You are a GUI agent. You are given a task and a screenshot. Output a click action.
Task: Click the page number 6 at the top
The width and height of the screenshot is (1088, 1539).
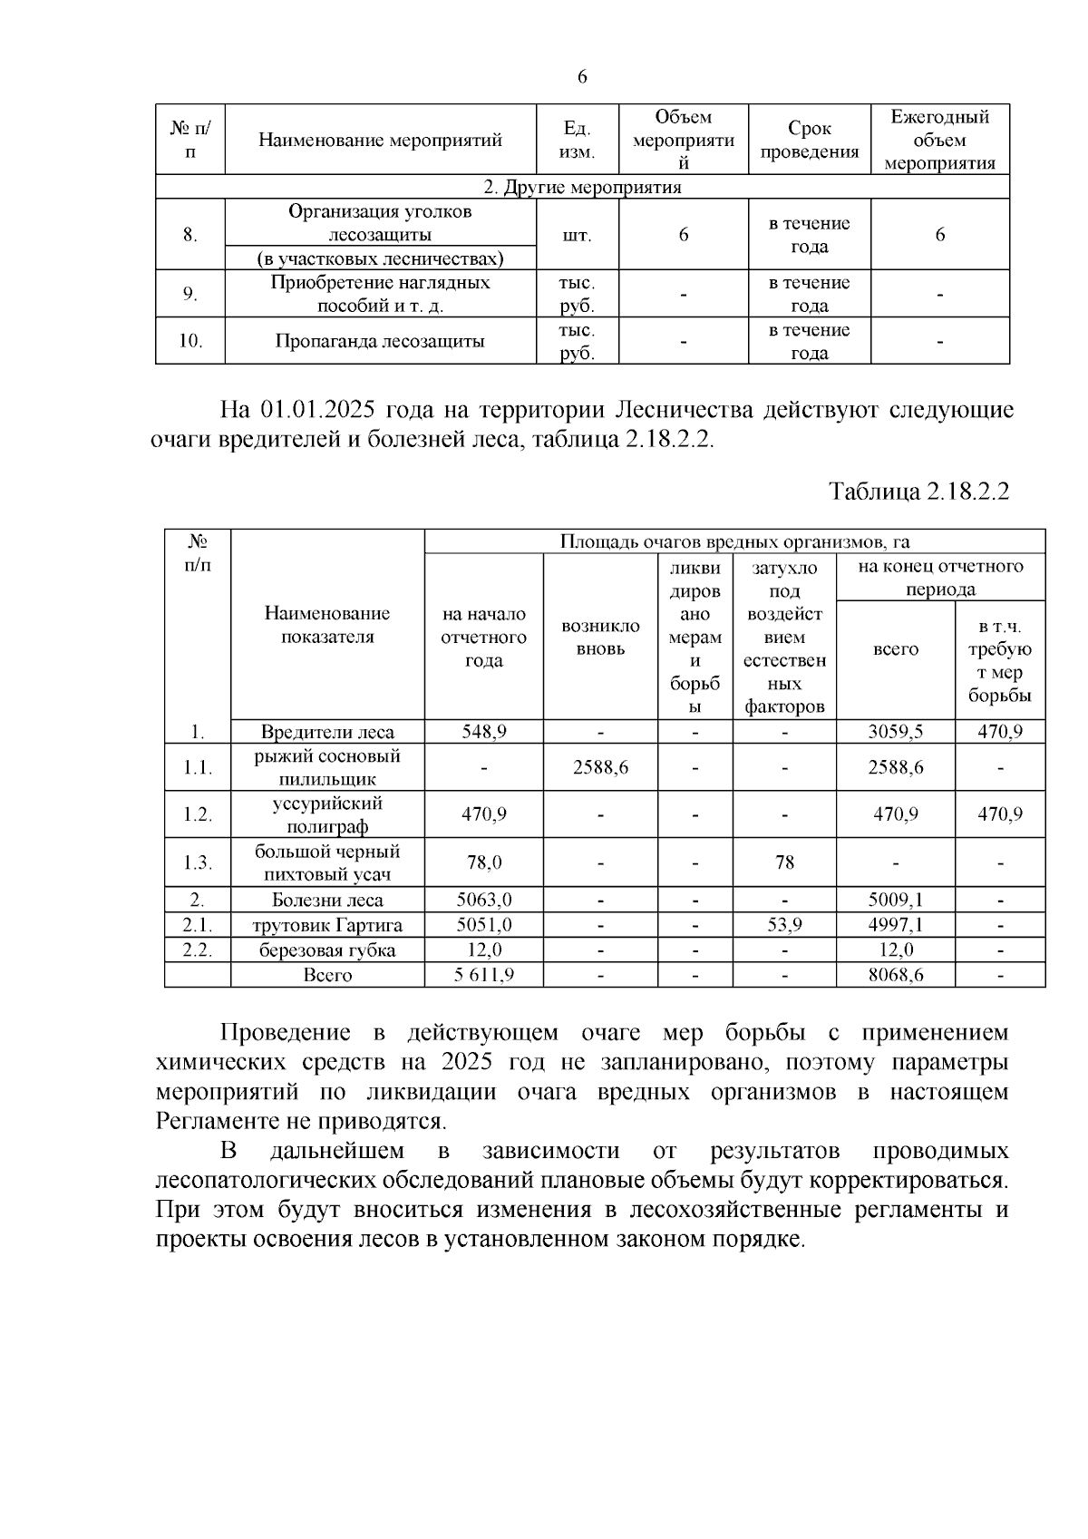(582, 77)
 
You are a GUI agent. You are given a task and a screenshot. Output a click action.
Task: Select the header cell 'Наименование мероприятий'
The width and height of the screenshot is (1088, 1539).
(380, 141)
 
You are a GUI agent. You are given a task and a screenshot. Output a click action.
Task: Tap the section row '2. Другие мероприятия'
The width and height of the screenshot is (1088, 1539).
(582, 188)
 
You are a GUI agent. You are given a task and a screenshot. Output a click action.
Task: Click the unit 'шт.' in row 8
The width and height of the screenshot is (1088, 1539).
(578, 235)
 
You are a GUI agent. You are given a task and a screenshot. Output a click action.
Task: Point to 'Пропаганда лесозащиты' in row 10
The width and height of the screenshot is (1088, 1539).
(380, 342)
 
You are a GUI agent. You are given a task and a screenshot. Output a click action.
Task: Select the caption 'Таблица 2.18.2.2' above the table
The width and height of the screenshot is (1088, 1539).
(918, 492)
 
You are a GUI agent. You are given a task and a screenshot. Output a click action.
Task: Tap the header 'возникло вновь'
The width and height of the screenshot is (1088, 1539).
(600, 638)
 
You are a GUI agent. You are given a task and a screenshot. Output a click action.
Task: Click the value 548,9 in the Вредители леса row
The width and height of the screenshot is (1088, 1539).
(483, 732)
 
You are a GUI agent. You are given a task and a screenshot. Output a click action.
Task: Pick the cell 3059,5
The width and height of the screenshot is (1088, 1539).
(895, 732)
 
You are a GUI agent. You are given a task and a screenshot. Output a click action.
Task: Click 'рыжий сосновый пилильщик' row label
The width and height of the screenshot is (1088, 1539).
(327, 767)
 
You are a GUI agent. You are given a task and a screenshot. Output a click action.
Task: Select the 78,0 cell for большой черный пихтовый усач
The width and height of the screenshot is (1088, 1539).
(483, 862)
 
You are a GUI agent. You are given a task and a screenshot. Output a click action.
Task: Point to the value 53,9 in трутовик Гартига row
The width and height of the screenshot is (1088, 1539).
(784, 925)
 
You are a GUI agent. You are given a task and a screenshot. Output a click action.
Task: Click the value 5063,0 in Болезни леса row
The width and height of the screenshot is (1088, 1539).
(483, 901)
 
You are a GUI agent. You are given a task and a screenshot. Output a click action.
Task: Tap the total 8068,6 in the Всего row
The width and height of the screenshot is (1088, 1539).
(895, 975)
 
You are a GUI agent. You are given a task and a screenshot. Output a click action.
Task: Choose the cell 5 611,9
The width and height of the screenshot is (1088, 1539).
(483, 975)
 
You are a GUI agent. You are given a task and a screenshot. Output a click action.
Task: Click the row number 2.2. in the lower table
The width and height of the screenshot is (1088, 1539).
(197, 950)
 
